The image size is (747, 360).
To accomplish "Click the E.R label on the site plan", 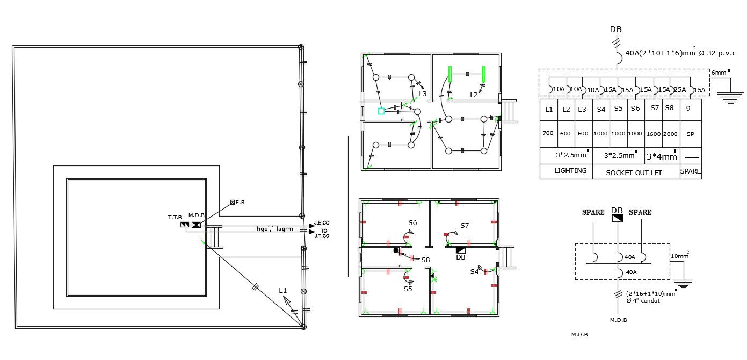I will (x=241, y=202).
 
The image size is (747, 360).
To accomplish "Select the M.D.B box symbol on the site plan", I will (x=196, y=225).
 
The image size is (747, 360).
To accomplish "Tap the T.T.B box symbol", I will (x=184, y=225).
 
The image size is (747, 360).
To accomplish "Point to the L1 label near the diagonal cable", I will (x=283, y=290).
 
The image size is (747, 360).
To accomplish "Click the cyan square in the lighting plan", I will (x=381, y=111).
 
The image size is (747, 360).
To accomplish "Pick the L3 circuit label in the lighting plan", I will (x=423, y=94).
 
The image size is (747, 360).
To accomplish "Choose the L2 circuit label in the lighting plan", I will (x=474, y=95).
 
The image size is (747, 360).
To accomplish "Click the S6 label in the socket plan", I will (x=412, y=222).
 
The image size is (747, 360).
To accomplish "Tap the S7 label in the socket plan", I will (x=465, y=226).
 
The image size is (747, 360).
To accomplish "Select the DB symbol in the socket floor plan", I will (x=460, y=250).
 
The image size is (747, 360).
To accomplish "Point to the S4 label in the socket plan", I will (x=474, y=271).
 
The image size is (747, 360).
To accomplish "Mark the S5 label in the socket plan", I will (x=408, y=289).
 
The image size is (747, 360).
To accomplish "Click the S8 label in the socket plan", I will (x=425, y=260).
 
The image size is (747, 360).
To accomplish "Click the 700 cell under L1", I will (x=548, y=133).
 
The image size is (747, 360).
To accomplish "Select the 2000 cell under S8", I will (x=670, y=134).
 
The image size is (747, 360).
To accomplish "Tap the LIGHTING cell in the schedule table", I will (x=570, y=171).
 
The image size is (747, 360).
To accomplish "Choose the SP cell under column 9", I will (x=690, y=134).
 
